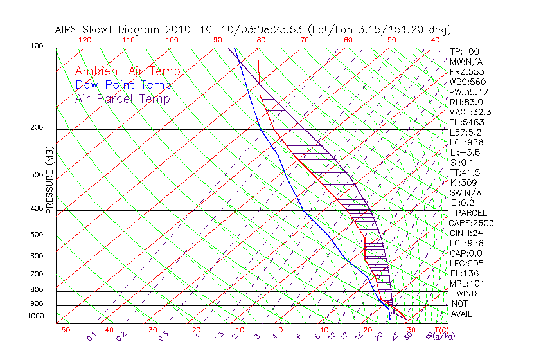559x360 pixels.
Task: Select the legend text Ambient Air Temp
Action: pyautogui.click(x=127, y=71)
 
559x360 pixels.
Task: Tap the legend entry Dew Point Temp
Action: pyautogui.click(x=123, y=85)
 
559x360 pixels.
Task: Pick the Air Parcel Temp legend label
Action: pyautogui.click(x=122, y=98)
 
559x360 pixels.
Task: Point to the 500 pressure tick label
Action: pyautogui.click(x=37, y=235)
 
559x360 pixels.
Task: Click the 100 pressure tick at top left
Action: pyautogui.click(x=37, y=46)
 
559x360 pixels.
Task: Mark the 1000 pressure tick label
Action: pyautogui.click(x=35, y=316)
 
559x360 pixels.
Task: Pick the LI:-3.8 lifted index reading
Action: pyautogui.click(x=465, y=152)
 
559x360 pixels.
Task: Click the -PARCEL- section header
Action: pyautogui.click(x=471, y=213)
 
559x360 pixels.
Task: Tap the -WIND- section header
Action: pyautogui.click(x=466, y=293)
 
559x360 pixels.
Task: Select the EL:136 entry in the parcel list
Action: pyautogui.click(x=463, y=273)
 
